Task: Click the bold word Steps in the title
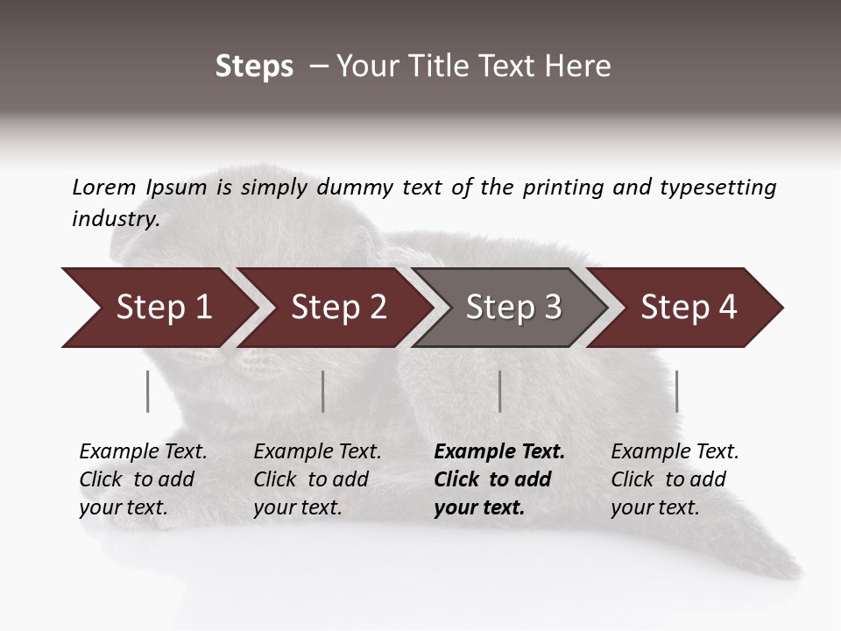click(254, 67)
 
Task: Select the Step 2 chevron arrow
click(338, 308)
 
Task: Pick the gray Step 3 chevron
click(513, 308)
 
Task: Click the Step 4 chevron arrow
click(689, 308)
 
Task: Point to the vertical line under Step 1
click(148, 391)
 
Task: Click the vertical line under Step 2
click(323, 391)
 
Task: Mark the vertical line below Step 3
click(500, 391)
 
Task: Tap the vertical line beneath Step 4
click(677, 391)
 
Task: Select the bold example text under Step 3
click(498, 479)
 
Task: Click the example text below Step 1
click(143, 479)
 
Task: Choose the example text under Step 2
click(317, 479)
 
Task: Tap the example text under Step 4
click(675, 479)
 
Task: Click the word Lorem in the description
click(104, 187)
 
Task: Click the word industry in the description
click(114, 219)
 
